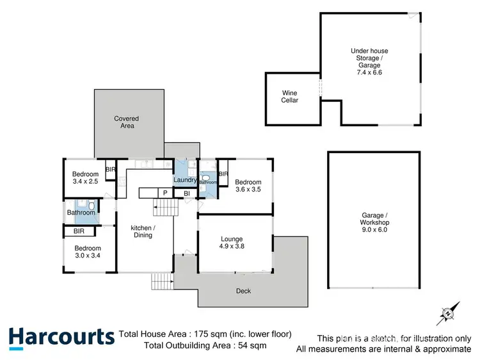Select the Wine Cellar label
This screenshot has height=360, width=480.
290,96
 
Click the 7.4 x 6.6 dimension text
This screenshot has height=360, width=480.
369,72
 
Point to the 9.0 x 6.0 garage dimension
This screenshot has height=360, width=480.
374,229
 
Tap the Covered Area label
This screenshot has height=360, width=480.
127,122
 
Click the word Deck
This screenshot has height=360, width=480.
243,291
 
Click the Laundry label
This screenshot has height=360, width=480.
185,181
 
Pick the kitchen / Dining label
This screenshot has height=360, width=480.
143,231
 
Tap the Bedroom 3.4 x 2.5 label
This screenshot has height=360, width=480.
85,178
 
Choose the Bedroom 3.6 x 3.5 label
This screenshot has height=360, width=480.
249,184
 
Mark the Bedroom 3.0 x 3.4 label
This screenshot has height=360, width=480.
87,252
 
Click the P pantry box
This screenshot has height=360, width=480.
165,193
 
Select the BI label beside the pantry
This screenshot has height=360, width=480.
186,193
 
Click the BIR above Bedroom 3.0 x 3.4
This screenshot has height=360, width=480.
80,231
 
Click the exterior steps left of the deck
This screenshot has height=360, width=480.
163,281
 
